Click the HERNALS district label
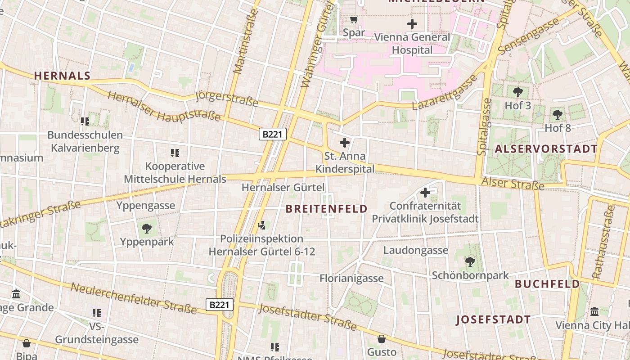62,76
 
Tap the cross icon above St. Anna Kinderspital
345,143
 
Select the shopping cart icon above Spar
354,19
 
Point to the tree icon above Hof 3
517,92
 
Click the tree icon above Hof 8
558,114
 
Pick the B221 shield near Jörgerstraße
273,134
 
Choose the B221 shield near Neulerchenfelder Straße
220,305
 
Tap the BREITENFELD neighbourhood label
327,209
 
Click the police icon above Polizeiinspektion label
261,225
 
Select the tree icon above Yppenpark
146,228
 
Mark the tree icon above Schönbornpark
470,261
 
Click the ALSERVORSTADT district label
546,149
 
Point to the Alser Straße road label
513,184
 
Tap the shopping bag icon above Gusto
382,338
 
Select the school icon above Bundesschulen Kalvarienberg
85,121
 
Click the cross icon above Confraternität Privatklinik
425,193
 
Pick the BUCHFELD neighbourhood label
547,284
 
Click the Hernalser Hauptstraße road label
164,107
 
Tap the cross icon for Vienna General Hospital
412,23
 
